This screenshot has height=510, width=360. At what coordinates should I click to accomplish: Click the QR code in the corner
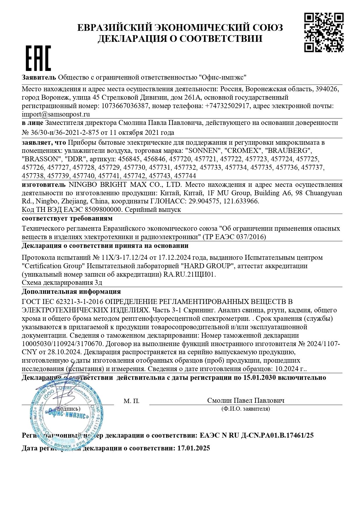tap(324, 33)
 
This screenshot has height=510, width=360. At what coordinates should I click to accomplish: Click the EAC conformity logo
tap(38, 58)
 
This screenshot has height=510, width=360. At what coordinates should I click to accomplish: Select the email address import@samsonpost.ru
tap(56, 114)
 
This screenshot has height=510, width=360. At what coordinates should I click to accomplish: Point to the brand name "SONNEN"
tap(203, 151)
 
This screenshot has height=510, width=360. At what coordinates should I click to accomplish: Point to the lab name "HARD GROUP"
tap(207, 266)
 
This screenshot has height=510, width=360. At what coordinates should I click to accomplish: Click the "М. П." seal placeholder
tap(132, 401)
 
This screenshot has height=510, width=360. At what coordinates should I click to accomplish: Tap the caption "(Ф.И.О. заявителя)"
tap(245, 409)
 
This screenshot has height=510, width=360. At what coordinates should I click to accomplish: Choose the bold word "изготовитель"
tap(44, 185)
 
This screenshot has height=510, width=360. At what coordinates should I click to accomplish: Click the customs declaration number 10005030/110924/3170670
tap(62, 344)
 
